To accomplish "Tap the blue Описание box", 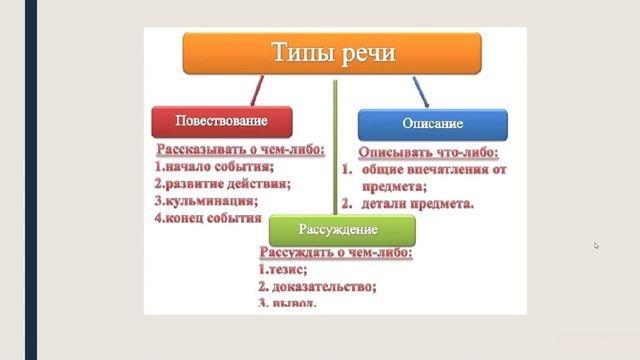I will (x=432, y=124).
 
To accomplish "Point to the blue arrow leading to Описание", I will (x=421, y=93).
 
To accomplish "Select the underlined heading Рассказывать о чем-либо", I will (x=240, y=151).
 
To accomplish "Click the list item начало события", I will (x=214, y=167).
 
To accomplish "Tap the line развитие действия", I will (x=222, y=184).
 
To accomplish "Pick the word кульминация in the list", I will (x=207, y=200).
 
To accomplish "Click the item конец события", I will (x=207, y=216).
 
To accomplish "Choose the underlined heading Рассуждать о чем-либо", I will (x=335, y=254).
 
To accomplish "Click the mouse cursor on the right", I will (x=596, y=245).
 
